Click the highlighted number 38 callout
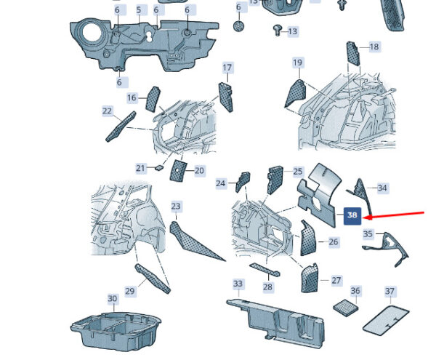click(x=352, y=216)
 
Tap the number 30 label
click(x=112, y=298)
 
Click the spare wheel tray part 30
click(x=116, y=331)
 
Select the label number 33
click(x=238, y=284)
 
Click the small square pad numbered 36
click(x=346, y=308)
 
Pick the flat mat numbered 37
click(x=386, y=320)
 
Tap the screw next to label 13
click(x=278, y=30)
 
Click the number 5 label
click(x=139, y=10)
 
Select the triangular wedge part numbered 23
click(x=195, y=241)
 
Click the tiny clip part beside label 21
click(x=159, y=167)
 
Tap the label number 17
click(x=227, y=68)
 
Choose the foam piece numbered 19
click(x=295, y=93)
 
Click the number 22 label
click(x=107, y=111)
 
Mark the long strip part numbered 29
click(x=153, y=279)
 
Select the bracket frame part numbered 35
click(x=386, y=249)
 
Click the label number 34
click(x=382, y=188)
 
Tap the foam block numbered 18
click(x=352, y=53)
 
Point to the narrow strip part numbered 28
click(x=265, y=269)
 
